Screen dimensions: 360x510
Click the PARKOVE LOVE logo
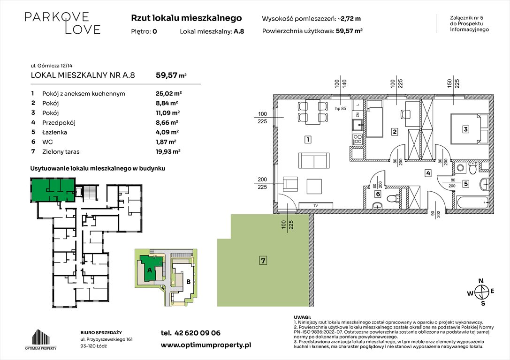click(62, 23)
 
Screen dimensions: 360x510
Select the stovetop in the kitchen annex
click(357, 138)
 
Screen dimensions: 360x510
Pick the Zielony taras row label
click(61, 151)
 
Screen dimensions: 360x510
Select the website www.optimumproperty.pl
click(206, 345)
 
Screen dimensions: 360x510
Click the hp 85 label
click(341, 109)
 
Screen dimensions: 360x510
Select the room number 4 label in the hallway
click(428, 173)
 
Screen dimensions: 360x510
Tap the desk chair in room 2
click(403, 114)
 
